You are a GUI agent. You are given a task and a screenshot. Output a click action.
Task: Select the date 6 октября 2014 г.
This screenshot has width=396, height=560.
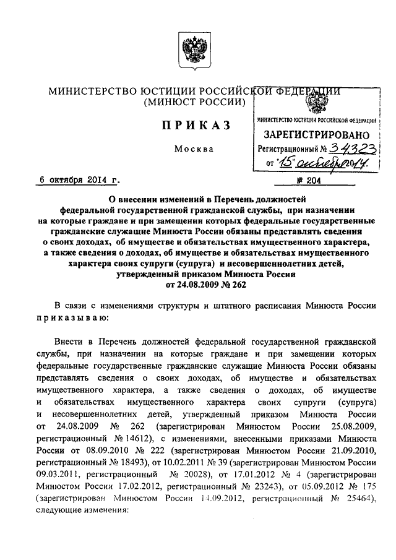(77, 181)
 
